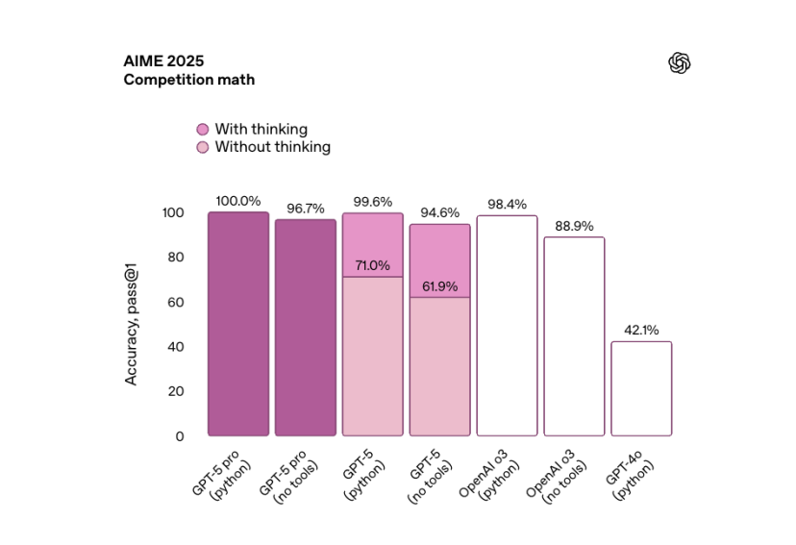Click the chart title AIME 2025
(x=162, y=61)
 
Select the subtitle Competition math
(x=188, y=80)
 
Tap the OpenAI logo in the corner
(x=680, y=63)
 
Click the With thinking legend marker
(x=202, y=129)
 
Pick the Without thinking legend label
(x=272, y=147)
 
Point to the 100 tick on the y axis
(x=172, y=212)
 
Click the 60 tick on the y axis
(x=175, y=302)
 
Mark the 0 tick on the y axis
(x=179, y=436)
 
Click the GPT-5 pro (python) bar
(x=238, y=324)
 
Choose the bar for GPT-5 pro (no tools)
(x=306, y=328)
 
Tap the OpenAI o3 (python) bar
(x=507, y=326)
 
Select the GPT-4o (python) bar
(x=641, y=388)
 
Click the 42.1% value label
(x=641, y=331)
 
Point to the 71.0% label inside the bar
(x=373, y=266)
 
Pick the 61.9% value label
(x=440, y=286)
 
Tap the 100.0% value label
(x=238, y=201)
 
